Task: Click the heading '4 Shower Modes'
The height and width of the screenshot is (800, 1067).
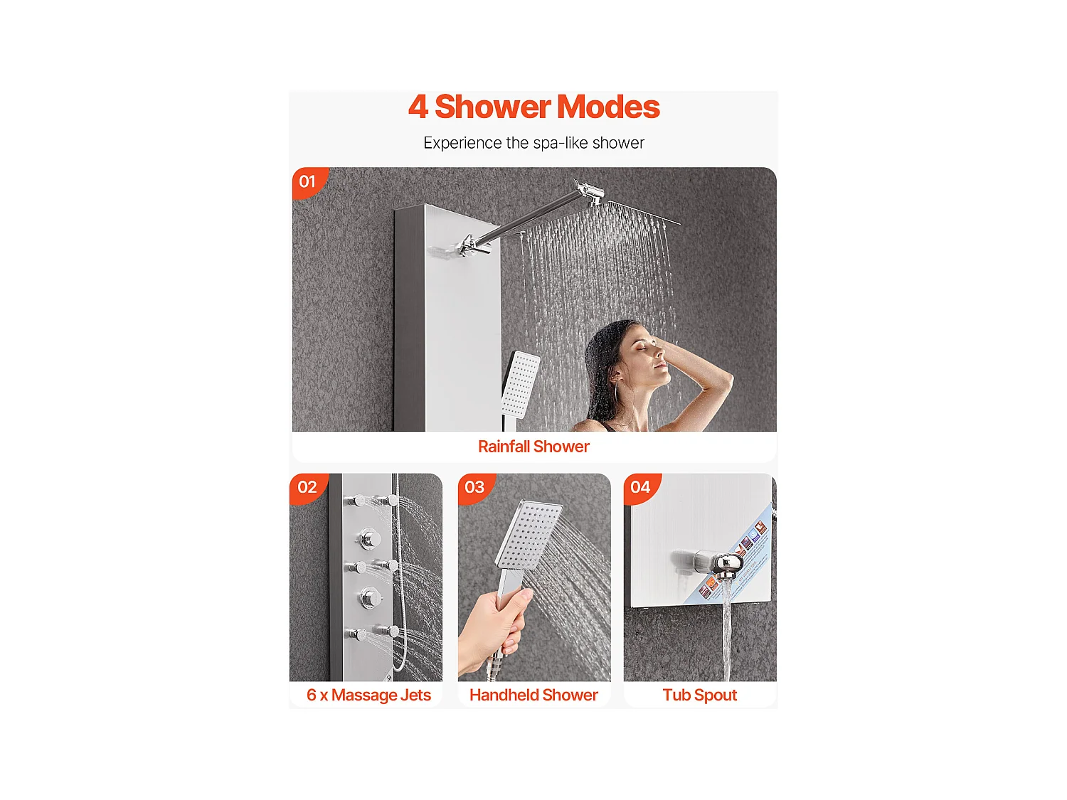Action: point(533,107)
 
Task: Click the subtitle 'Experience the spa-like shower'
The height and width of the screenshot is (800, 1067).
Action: point(533,143)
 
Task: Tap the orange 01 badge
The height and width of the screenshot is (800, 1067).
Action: point(307,181)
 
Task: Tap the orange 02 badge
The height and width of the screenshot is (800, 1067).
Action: point(307,487)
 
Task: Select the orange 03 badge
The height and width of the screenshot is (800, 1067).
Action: point(474,487)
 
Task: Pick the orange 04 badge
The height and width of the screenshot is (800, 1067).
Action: point(640,487)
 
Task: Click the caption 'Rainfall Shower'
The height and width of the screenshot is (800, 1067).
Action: point(533,447)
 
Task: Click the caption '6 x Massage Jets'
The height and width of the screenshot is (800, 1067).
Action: point(368,695)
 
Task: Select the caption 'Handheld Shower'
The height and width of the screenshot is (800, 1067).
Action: point(533,695)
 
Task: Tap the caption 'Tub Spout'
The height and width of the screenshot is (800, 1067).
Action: point(699,695)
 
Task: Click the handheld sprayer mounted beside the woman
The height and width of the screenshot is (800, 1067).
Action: point(521,384)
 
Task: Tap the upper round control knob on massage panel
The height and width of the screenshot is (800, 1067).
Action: point(369,539)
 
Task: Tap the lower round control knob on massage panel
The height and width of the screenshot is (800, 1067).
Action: point(369,597)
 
